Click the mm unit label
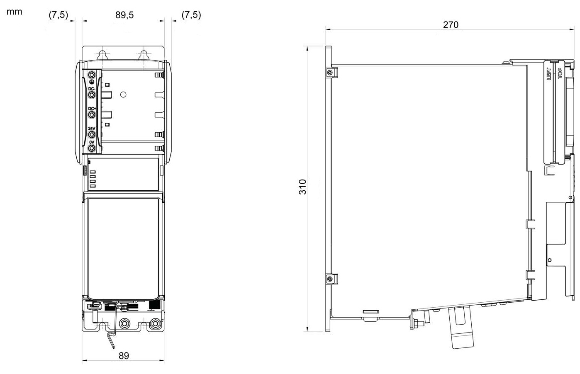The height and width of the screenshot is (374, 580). pyautogui.click(x=14, y=12)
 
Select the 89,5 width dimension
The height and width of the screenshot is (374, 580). pyautogui.click(x=124, y=15)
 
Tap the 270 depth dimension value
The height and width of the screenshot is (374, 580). pyautogui.click(x=451, y=25)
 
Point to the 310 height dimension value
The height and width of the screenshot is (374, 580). pyautogui.click(x=302, y=187)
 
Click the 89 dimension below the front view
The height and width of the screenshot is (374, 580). pyautogui.click(x=124, y=356)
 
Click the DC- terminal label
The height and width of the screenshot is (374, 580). pyautogui.click(x=92, y=89)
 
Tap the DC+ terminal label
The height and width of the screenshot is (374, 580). pyautogui.click(x=92, y=109)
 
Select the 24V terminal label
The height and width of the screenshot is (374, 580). pyautogui.click(x=92, y=129)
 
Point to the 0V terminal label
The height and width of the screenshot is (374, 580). pyautogui.click(x=92, y=142)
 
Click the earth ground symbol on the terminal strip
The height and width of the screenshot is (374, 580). pyautogui.click(x=92, y=82)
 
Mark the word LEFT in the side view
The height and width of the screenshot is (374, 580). pyautogui.click(x=548, y=74)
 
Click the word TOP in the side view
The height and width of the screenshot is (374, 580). pyautogui.click(x=560, y=73)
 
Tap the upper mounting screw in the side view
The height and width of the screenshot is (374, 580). pyautogui.click(x=329, y=73)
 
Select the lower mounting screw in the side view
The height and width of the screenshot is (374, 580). pyautogui.click(x=329, y=279)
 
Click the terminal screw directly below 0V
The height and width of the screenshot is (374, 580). pyautogui.click(x=92, y=148)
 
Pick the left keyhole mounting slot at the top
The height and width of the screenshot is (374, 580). pyautogui.click(x=102, y=55)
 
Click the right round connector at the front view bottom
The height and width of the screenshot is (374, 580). pyautogui.click(x=155, y=323)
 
